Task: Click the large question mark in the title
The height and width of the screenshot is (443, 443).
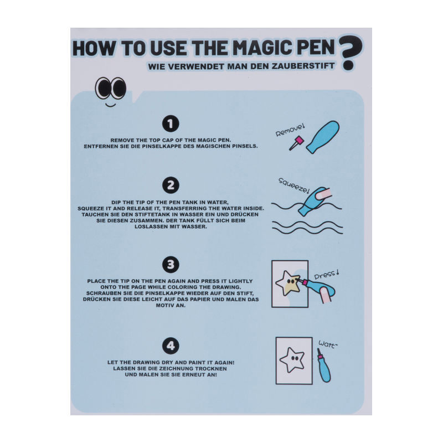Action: click(351, 53)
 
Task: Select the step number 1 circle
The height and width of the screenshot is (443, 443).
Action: click(171, 123)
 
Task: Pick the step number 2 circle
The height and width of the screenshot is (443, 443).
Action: click(171, 186)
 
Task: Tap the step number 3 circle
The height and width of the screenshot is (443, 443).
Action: click(171, 265)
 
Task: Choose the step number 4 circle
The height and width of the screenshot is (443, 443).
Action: click(171, 346)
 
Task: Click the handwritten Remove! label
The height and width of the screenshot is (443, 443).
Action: click(290, 131)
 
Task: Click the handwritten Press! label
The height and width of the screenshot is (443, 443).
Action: click(327, 274)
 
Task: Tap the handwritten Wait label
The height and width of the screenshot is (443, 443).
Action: click(328, 344)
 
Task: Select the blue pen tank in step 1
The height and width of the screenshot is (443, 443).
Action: click(323, 137)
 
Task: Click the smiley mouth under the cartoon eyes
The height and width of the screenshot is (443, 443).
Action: click(110, 105)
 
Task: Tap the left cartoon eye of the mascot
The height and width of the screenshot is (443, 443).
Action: click(102, 87)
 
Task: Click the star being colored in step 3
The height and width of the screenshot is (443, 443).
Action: click(288, 283)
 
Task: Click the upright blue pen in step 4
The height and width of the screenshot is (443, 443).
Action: click(324, 365)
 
